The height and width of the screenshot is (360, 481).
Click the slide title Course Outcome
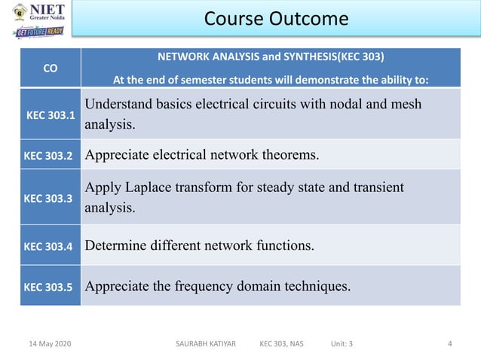coord(276,18)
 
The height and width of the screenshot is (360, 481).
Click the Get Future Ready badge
coord(38,32)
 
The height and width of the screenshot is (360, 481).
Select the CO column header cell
coord(51,68)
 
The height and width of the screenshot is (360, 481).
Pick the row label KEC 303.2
coord(49,156)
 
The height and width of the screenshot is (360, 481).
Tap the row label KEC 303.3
coord(49,199)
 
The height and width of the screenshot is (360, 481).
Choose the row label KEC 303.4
coord(49,246)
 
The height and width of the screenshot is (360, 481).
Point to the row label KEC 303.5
coord(49,287)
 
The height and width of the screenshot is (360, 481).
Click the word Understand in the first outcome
coord(119,104)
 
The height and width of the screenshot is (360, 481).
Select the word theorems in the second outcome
coord(289,156)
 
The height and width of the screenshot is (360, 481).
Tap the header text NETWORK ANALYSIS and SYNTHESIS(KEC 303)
coord(270,56)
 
